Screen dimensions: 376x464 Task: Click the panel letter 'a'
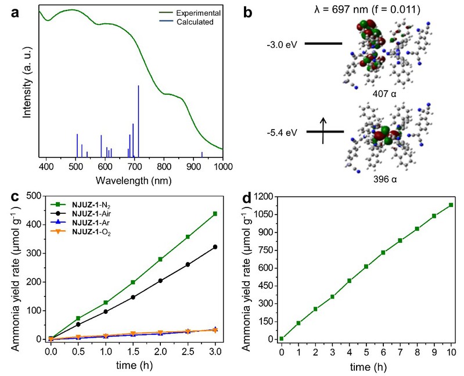click(x=13, y=13)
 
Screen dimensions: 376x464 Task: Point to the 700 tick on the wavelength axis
click(x=135, y=166)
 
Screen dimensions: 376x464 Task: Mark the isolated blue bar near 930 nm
click(x=202, y=154)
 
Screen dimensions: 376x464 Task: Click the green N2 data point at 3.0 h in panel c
click(x=215, y=214)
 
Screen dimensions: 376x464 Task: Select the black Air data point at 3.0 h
click(x=215, y=247)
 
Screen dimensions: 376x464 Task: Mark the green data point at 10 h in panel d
click(x=451, y=205)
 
